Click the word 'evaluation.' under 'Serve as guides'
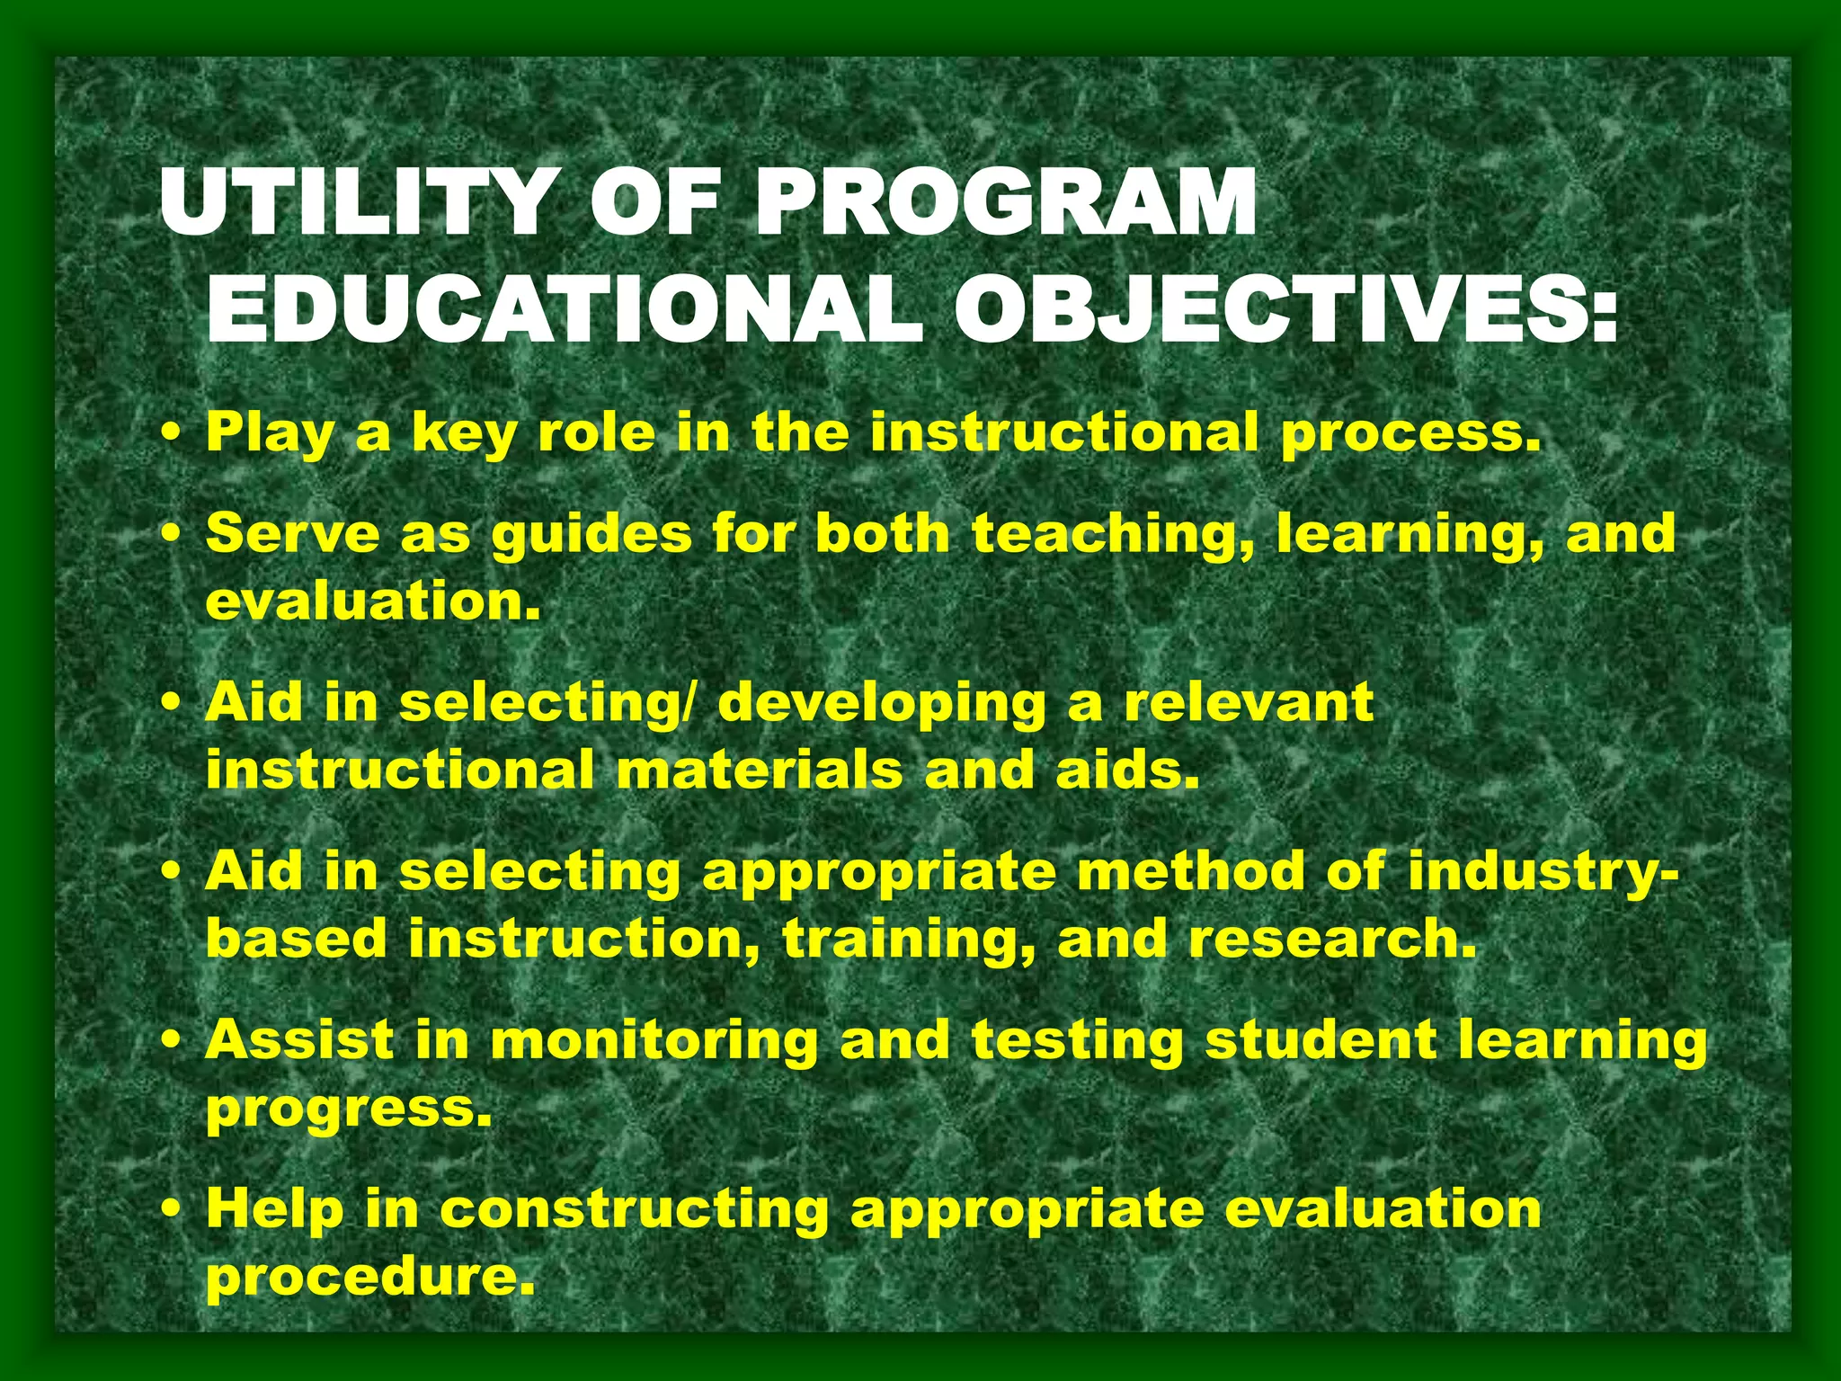click(373, 601)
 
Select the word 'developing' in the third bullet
click(881, 704)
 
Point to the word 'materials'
click(760, 771)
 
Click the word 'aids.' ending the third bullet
click(1128, 771)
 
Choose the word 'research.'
click(1332, 939)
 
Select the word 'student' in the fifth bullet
click(1321, 1040)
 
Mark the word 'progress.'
click(349, 1110)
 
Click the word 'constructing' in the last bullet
click(634, 1209)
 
